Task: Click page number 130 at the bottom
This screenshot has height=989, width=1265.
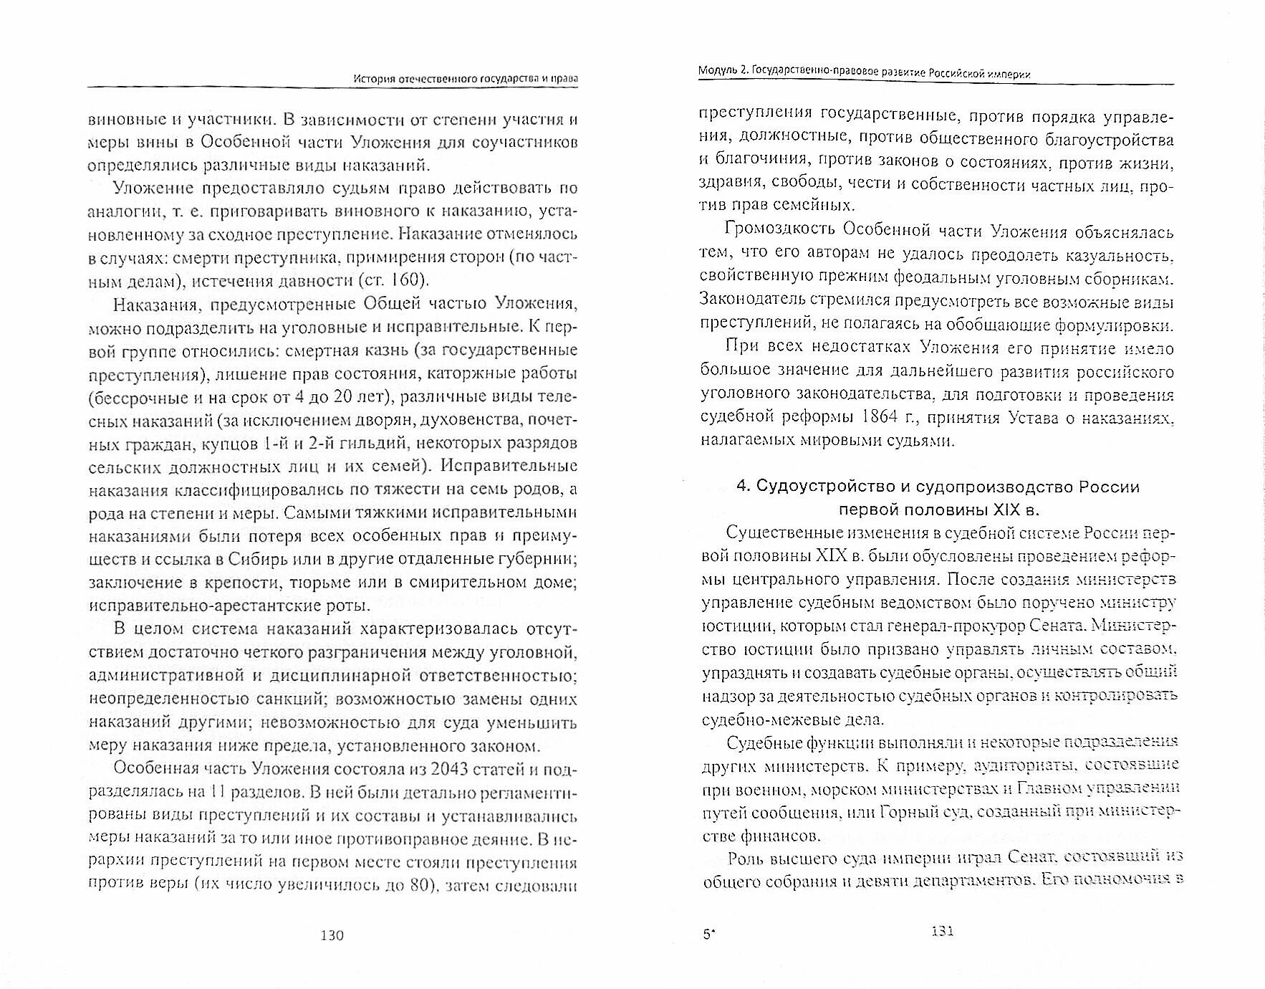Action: point(332,935)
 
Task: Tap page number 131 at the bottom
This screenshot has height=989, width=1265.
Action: point(941,932)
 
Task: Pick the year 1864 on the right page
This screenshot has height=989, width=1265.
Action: point(1028,417)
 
